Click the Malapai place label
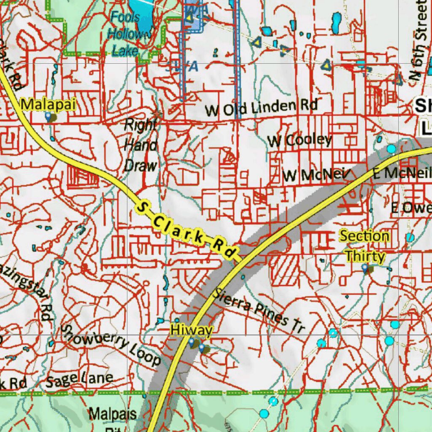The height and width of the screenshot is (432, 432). (49, 104)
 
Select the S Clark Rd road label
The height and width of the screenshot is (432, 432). (186, 230)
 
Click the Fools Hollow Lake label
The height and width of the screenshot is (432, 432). (125, 34)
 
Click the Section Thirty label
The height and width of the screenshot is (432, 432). (364, 246)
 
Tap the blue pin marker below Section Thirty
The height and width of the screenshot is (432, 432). (365, 267)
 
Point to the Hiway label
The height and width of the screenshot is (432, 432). (191, 330)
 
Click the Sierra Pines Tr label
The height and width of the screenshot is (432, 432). (258, 311)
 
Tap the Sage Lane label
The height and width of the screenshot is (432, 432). (79, 380)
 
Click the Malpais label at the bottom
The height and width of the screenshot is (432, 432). (112, 413)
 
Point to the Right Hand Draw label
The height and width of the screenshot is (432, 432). (140, 145)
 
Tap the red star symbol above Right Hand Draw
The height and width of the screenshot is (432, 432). (157, 114)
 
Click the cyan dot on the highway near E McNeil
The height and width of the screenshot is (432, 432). (391, 148)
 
